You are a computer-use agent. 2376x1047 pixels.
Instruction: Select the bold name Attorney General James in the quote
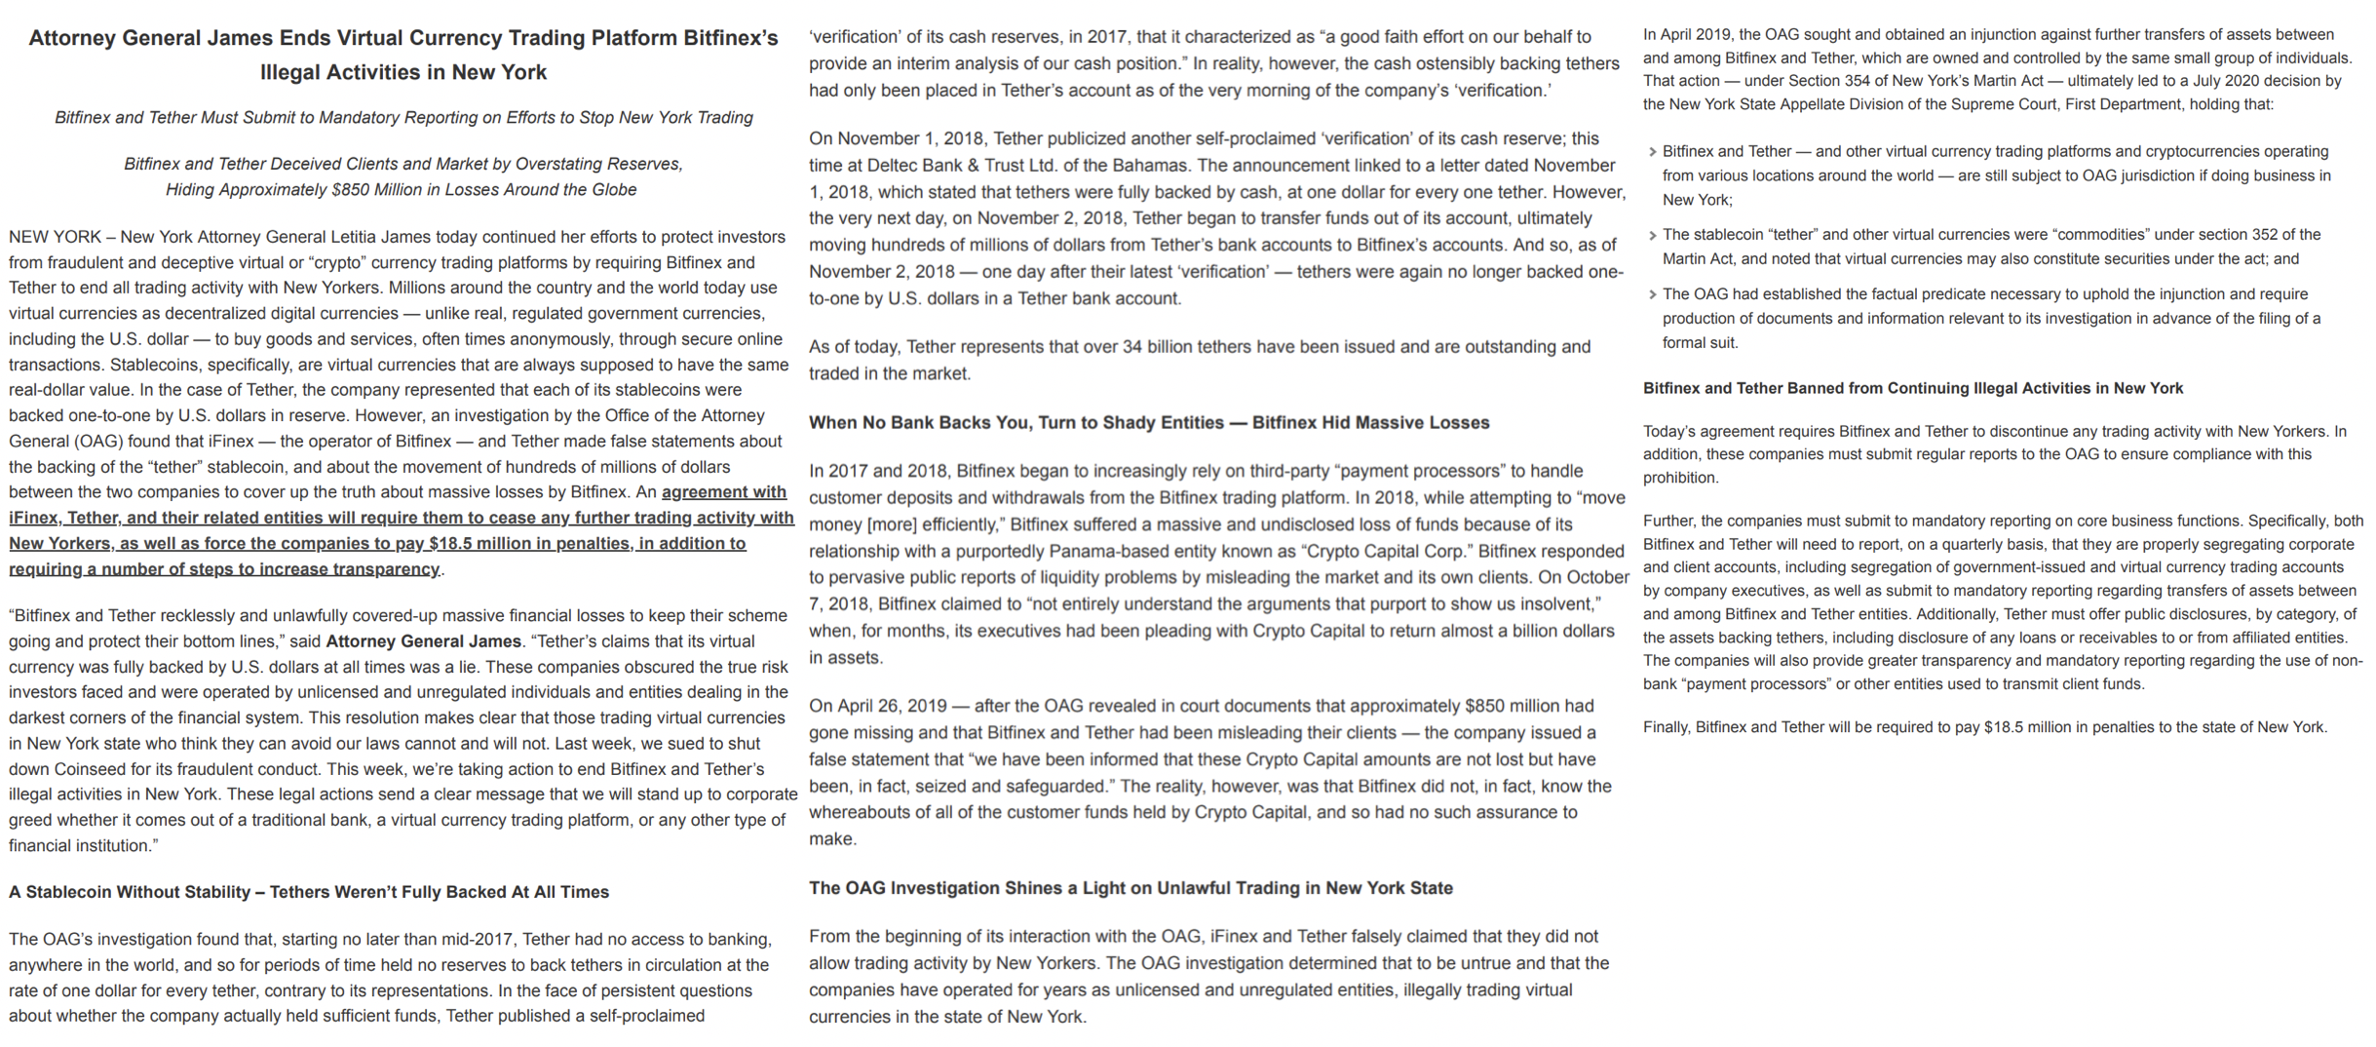coord(423,641)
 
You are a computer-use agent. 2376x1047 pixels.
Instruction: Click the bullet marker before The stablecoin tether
coord(1652,236)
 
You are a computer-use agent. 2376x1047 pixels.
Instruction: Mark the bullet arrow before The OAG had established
coord(1652,295)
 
